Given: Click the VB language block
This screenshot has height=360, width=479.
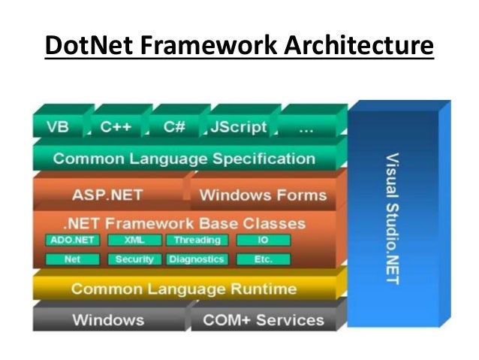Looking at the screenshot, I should [x=58, y=127].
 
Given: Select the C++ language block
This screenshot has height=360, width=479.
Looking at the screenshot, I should [x=116, y=127].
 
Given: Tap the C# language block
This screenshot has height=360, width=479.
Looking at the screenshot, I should [x=174, y=127].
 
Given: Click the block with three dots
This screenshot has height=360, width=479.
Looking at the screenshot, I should [x=306, y=127].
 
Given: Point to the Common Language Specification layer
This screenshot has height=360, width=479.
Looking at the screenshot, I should [x=184, y=159].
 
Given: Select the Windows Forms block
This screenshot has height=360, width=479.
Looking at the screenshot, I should [x=263, y=195].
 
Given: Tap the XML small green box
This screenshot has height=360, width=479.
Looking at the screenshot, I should [x=133, y=241].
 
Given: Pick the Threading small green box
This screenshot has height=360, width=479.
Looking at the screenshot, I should [x=197, y=241].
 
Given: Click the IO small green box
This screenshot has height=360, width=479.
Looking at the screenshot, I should [x=263, y=241].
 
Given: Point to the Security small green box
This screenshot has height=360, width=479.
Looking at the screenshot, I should [x=134, y=259].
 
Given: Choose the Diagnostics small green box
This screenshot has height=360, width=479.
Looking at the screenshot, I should [x=197, y=259].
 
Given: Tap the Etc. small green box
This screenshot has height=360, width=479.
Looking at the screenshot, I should [x=263, y=259].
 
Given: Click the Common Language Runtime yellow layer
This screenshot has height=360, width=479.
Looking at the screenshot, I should [x=184, y=289].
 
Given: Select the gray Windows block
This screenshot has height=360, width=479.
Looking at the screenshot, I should [x=107, y=319].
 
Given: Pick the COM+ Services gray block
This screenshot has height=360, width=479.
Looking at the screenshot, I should [x=263, y=319].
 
